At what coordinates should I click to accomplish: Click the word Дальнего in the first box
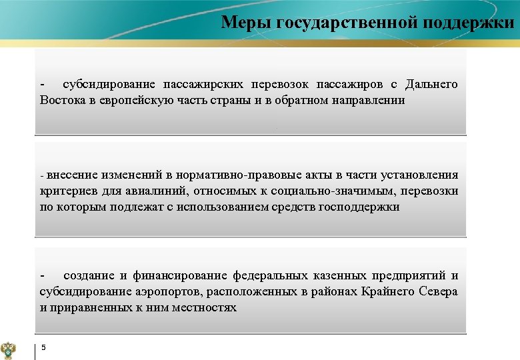430,84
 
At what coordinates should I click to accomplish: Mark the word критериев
66,191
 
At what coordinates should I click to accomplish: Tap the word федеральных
270,275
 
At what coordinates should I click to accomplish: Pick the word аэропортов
172,291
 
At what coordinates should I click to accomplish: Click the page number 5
43,347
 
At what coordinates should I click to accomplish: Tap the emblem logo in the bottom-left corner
12,347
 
